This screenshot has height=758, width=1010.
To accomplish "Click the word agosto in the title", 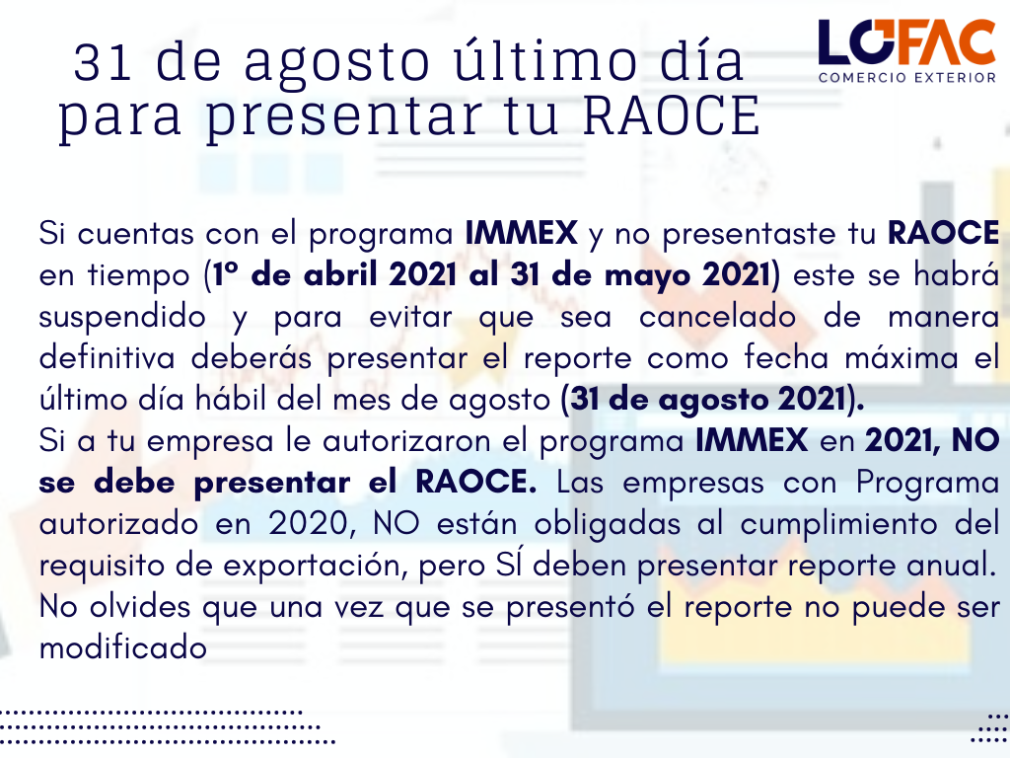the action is tap(337, 63).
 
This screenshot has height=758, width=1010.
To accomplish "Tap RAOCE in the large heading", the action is tap(672, 116).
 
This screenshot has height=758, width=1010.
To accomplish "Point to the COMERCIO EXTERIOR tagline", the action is tap(907, 78).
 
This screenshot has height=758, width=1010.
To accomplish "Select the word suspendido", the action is tap(122, 318).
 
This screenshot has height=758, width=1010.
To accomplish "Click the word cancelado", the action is tap(718, 317).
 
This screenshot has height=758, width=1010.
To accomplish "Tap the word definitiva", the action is tap(107, 358).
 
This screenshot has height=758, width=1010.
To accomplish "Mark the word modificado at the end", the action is tap(123, 648).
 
